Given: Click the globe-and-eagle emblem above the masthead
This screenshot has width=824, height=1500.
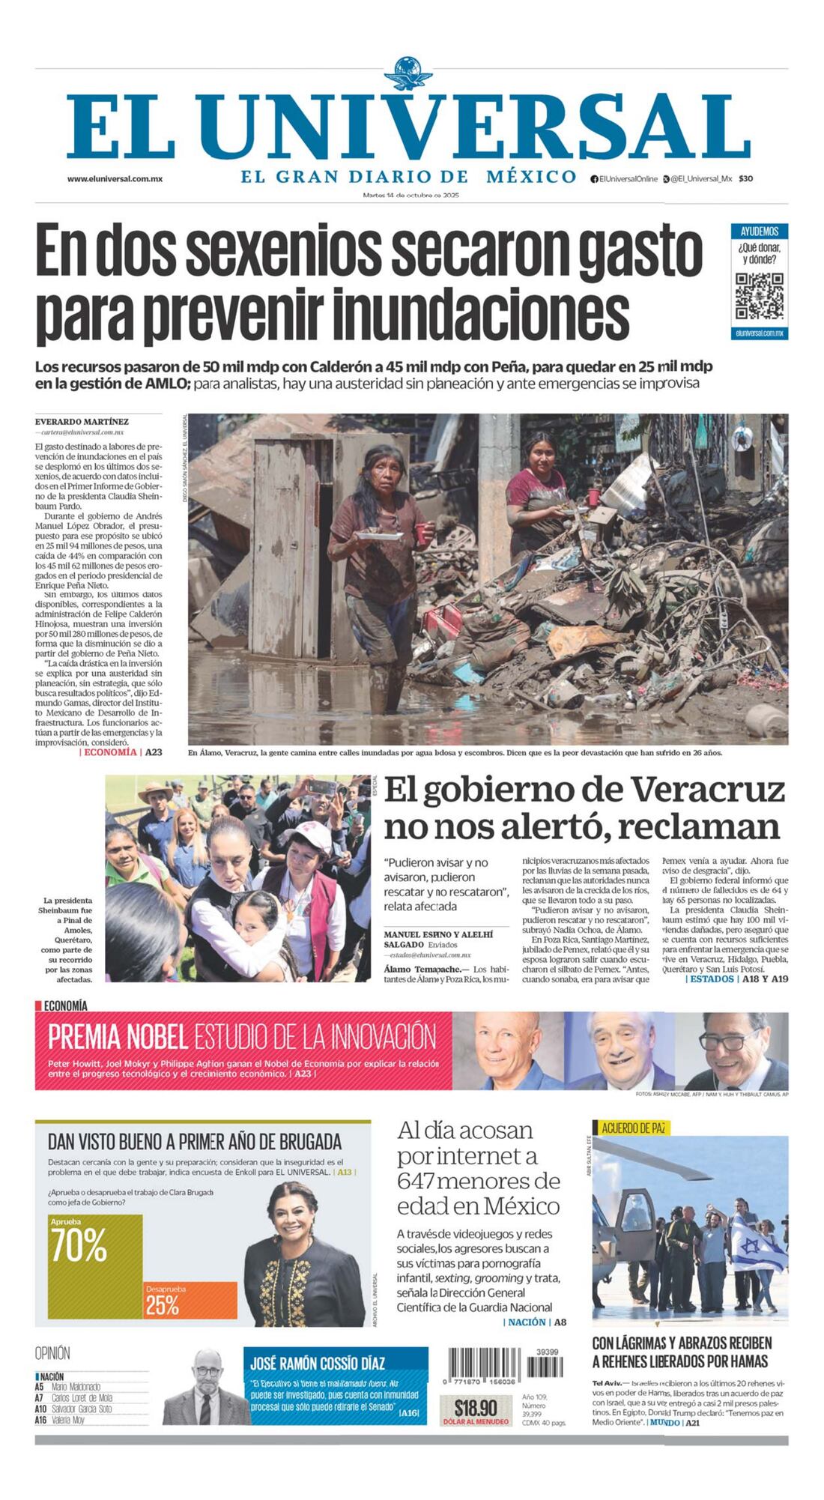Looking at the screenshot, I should click(x=408, y=75).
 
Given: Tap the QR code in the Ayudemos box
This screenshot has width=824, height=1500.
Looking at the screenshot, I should click(x=759, y=297).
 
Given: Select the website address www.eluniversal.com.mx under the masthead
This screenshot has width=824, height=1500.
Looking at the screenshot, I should click(x=115, y=179).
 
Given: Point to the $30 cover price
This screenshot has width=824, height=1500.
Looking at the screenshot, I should click(x=745, y=179).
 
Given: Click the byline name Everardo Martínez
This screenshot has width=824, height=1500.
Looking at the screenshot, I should click(x=82, y=422).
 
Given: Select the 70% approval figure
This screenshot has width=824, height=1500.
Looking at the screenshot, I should click(x=79, y=1245).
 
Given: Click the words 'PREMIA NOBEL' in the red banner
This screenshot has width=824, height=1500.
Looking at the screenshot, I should click(x=118, y=1037).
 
